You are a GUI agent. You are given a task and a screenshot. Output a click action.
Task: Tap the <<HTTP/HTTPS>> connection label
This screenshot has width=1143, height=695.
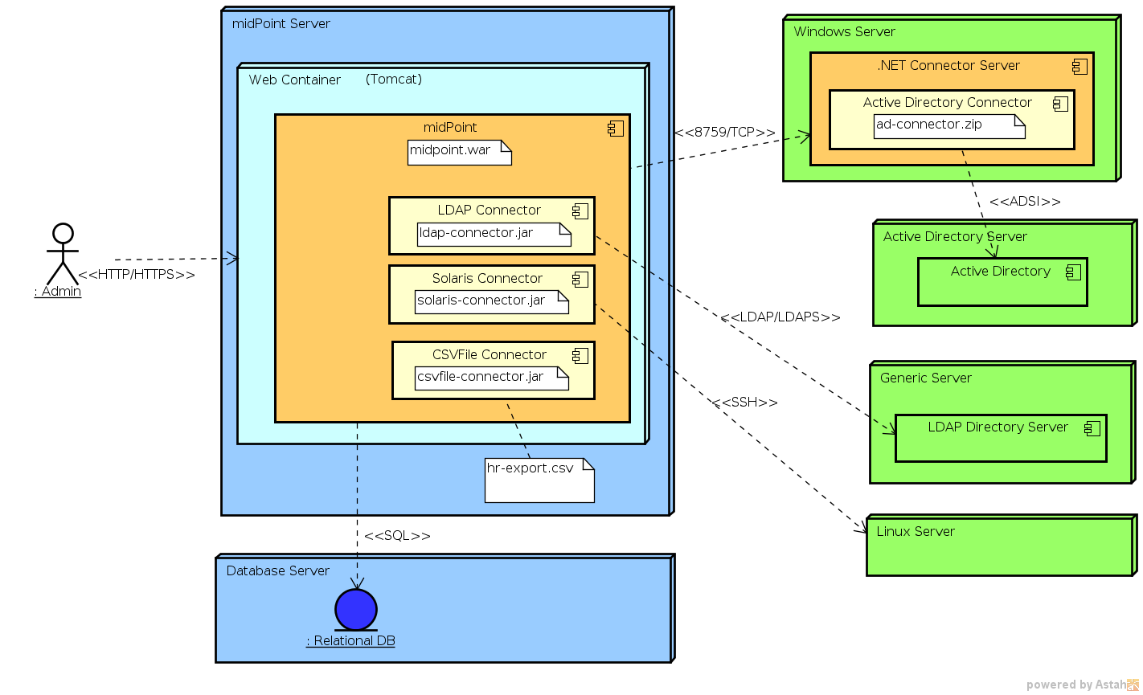click(137, 275)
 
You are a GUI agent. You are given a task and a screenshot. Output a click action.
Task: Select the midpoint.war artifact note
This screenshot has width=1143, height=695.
click(459, 152)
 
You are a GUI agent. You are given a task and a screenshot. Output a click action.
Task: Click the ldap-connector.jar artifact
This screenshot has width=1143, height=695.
click(494, 234)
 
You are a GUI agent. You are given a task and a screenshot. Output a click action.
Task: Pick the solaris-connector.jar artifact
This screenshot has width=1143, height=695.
click(491, 301)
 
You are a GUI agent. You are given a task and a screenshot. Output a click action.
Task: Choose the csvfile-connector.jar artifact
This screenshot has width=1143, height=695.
click(491, 378)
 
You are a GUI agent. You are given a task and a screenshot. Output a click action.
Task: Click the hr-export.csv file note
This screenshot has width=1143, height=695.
click(539, 480)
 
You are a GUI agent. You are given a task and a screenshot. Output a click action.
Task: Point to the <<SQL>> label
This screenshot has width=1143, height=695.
click(397, 536)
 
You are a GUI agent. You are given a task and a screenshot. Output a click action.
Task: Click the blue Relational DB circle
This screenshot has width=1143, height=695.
click(355, 609)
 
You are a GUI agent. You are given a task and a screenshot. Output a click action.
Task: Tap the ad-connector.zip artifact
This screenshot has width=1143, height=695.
click(948, 126)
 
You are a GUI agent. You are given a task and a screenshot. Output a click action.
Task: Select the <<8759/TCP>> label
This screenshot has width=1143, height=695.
click(725, 133)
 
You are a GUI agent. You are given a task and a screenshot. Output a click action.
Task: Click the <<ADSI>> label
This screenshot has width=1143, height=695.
click(1025, 202)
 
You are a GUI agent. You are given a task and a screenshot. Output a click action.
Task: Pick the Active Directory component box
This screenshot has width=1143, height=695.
click(1002, 281)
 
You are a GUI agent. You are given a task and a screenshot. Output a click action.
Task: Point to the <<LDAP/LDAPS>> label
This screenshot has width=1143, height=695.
click(780, 317)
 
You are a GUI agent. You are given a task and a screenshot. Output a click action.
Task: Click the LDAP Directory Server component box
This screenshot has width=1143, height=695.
click(1001, 438)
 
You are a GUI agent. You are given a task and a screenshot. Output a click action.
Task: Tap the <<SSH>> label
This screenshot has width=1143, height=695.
click(744, 403)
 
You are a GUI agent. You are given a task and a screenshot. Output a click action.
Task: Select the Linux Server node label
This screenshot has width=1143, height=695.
click(916, 531)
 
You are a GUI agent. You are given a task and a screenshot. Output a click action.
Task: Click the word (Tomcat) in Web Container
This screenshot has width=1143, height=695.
click(393, 80)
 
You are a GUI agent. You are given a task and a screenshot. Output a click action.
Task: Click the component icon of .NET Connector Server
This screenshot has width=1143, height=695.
click(1079, 67)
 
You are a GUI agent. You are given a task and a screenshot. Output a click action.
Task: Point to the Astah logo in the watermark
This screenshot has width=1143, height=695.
click(1132, 685)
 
